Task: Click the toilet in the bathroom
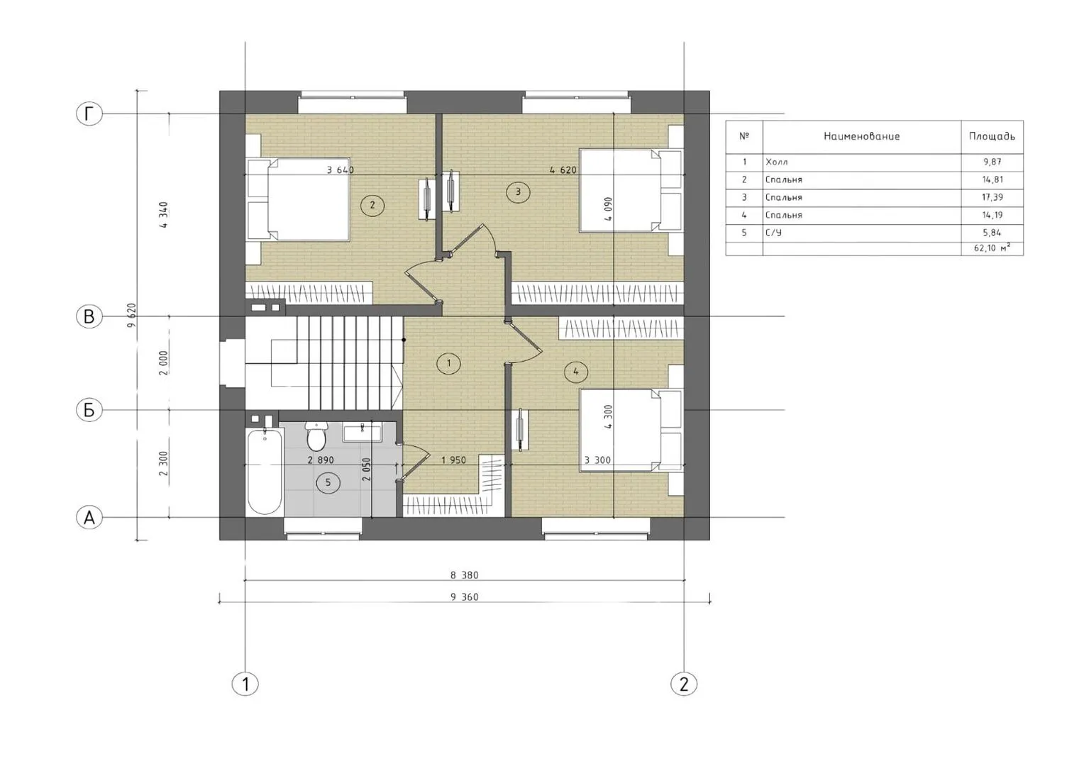[316, 435]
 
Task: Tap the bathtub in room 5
[264, 471]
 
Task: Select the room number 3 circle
[518, 192]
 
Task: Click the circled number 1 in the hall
[448, 363]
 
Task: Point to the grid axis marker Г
[89, 114]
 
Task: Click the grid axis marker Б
[89, 411]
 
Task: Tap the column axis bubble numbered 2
[683, 684]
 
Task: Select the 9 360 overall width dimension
[465, 597]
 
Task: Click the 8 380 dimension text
[465, 575]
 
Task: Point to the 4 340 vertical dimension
[164, 215]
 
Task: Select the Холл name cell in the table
[777, 162]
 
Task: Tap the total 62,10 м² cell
[992, 249]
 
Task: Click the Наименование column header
[861, 136]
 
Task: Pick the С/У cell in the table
[773, 233]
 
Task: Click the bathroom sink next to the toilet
[363, 432]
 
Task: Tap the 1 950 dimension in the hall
[453, 460]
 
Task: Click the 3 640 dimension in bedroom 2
[341, 170]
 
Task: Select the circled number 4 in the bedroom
[575, 372]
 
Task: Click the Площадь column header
[992, 136]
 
